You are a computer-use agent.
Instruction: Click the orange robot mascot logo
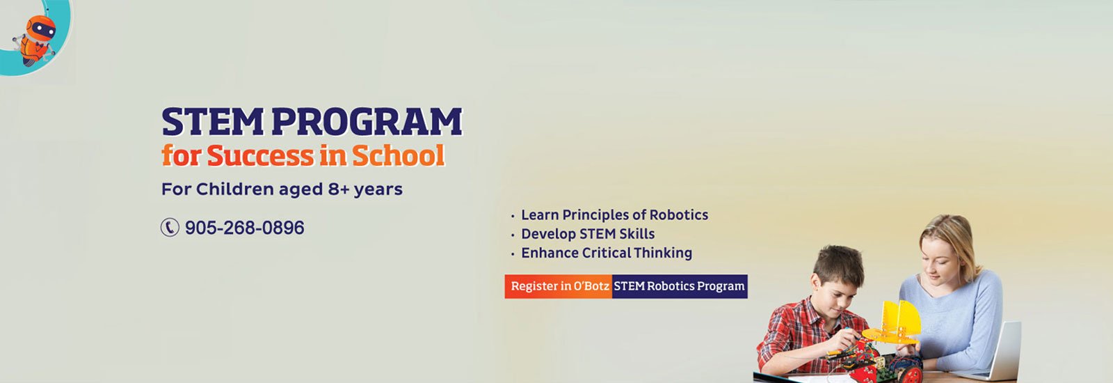tap(35, 40)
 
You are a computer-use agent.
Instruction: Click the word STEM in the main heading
tap(213, 122)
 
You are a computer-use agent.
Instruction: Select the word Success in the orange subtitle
tap(261, 155)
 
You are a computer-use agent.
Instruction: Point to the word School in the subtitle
tap(399, 155)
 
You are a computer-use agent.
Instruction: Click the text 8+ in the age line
tap(339, 189)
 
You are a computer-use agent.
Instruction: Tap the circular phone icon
tap(170, 227)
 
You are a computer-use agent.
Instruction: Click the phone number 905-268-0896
tap(244, 228)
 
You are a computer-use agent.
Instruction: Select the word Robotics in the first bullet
tap(679, 215)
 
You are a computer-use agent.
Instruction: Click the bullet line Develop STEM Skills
tap(588, 234)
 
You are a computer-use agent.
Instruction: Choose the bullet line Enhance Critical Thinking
tap(606, 253)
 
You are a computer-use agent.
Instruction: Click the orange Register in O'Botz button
tap(559, 286)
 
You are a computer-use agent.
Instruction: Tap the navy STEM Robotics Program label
tap(680, 286)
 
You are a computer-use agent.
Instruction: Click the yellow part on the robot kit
tap(895, 323)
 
